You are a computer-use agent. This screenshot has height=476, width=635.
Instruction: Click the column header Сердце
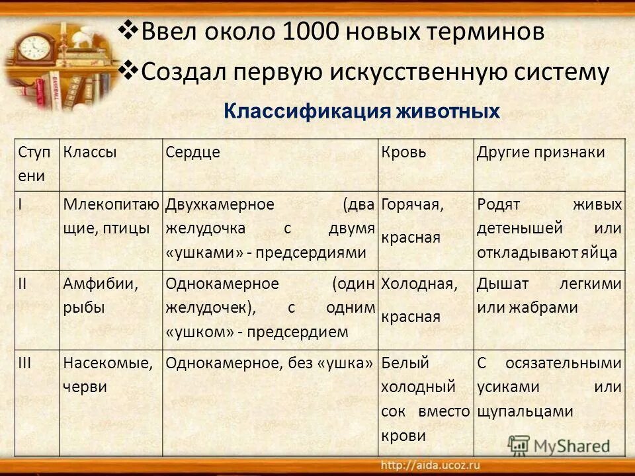point(192,152)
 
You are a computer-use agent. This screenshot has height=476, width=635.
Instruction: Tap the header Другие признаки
point(540,152)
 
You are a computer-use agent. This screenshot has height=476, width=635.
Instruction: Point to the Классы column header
point(90,152)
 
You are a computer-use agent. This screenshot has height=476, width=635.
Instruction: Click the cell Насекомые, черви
point(108,375)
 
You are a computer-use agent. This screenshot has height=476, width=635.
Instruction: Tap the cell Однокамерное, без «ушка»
point(270,362)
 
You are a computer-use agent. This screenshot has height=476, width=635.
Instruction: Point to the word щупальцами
point(525,411)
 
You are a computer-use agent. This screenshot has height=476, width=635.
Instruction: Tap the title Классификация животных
point(362,111)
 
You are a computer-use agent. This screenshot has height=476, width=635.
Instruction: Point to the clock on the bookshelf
point(34,48)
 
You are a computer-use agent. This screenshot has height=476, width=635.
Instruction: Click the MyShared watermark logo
point(558,445)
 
